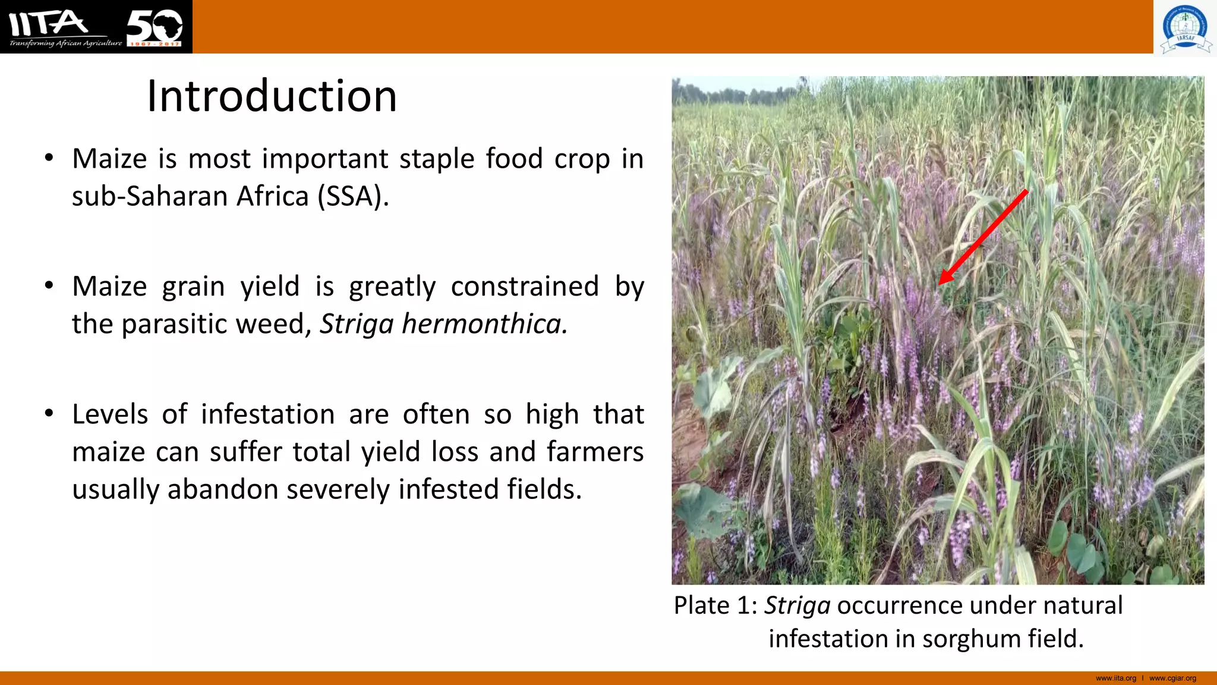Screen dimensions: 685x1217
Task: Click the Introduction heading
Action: pyautogui.click(x=272, y=96)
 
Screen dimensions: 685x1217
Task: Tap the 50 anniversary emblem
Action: pyautogui.click(x=155, y=27)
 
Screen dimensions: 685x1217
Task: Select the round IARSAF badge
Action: pyautogui.click(x=1185, y=27)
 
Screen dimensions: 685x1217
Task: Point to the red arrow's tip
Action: pyautogui.click(x=941, y=283)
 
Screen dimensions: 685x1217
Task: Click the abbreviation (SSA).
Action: pyautogui.click(x=353, y=197)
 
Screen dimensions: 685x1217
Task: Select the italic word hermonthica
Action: pyautogui.click(x=484, y=324)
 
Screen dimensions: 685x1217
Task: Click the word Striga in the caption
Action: pyautogui.click(x=797, y=606)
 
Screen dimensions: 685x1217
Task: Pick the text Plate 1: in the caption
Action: pyautogui.click(x=715, y=606)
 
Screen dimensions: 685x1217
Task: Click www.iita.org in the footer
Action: pyautogui.click(x=1115, y=678)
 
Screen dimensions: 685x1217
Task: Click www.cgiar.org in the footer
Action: pyautogui.click(x=1172, y=678)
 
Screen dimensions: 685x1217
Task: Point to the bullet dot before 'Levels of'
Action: pyautogui.click(x=49, y=413)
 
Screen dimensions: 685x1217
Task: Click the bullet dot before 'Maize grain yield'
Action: pyautogui.click(x=49, y=285)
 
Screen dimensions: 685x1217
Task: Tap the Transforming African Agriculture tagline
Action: pyautogui.click(x=65, y=43)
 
